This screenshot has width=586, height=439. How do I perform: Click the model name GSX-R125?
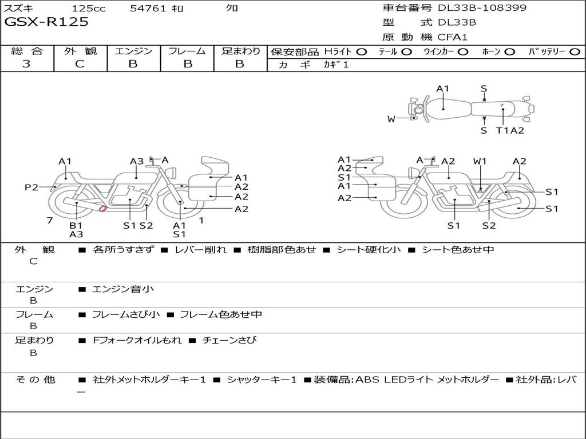[46, 22]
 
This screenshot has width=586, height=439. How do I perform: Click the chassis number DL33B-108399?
[482, 7]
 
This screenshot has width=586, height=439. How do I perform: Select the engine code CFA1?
[452, 37]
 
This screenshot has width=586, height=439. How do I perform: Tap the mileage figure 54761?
[148, 8]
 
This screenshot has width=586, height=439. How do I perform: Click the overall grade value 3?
[26, 64]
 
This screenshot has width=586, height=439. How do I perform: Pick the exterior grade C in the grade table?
[80, 64]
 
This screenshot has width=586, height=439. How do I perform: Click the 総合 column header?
[27, 51]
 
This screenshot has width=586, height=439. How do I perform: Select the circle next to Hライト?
[362, 52]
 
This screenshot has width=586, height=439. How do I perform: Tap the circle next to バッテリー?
[575, 52]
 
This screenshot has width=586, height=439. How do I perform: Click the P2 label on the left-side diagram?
[31, 187]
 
